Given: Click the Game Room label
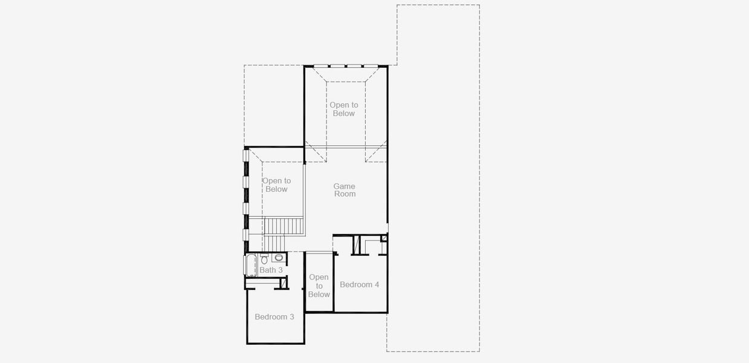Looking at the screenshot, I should [x=345, y=190].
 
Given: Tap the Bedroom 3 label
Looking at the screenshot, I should [x=274, y=316].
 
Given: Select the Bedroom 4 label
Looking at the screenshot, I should [x=360, y=284].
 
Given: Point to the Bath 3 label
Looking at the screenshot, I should [x=271, y=270].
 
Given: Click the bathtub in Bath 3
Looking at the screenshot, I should [x=251, y=266].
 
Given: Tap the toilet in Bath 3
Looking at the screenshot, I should [x=264, y=258].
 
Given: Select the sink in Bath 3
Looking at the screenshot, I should [x=279, y=258].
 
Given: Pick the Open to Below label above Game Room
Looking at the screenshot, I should [x=343, y=109].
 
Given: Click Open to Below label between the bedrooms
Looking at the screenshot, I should [x=319, y=286].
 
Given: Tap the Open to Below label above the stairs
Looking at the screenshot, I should [x=276, y=185].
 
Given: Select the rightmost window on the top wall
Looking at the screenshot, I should [x=371, y=65].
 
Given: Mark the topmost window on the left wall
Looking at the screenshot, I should [x=246, y=155].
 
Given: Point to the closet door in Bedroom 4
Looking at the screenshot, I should [x=357, y=245].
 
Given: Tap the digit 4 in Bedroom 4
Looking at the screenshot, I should [x=377, y=284].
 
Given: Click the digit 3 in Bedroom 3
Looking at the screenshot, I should [x=291, y=316].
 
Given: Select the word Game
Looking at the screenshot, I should [x=345, y=186].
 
